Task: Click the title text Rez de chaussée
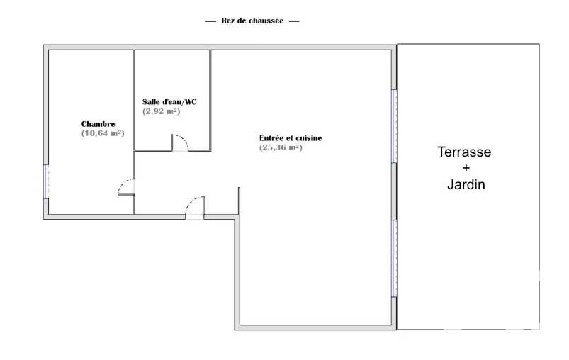pos(252,21)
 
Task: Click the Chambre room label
pos(98,124)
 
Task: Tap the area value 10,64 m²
pos(103,133)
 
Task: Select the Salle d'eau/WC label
pos(169,102)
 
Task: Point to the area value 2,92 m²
pos(161,111)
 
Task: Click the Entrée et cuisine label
pos(291,138)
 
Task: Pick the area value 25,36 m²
pos(281,147)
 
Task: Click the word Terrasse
pos(464,152)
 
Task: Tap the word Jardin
pos(466,184)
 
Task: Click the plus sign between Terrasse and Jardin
pos(466,168)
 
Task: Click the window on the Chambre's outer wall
pos(46,182)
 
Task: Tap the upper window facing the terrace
pos(394,126)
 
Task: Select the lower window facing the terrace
pos(394,259)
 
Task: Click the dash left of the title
pos(210,21)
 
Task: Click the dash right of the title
pos(294,21)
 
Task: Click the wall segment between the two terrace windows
pos(394,191)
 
